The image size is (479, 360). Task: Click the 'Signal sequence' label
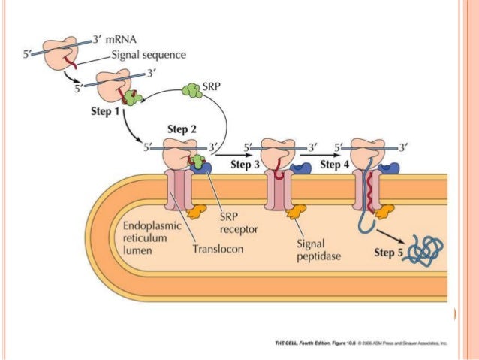(x=149, y=54)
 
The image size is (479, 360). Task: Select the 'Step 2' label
(x=182, y=129)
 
